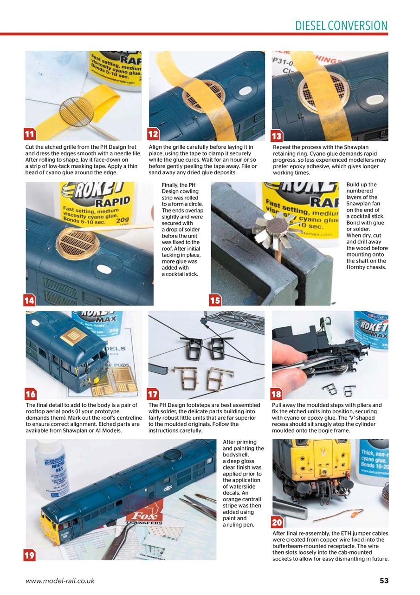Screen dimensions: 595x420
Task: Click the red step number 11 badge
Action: (30, 134)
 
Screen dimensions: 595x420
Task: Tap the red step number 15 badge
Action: (215, 300)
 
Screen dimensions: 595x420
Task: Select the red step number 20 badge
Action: (277, 523)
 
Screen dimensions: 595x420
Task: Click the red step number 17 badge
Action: (153, 394)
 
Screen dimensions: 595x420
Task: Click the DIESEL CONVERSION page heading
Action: (341, 25)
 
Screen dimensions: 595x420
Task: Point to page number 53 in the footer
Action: (383, 581)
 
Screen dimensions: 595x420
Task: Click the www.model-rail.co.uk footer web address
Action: (60, 581)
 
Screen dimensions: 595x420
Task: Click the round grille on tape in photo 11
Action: (76, 112)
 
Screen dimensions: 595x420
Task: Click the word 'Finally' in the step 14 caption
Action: (171, 185)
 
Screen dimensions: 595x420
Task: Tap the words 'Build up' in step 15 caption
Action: (355, 185)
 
